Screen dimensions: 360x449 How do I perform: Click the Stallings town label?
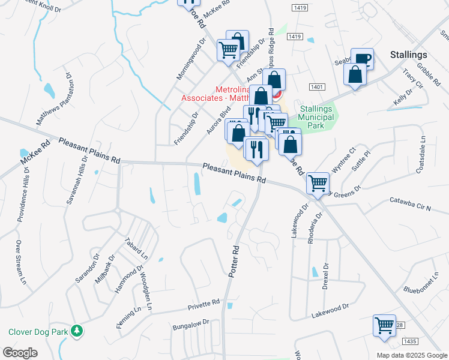click(408, 55)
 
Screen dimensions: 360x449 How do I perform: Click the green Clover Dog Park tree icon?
click(77, 331)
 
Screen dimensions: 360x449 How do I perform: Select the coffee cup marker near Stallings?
click(362, 59)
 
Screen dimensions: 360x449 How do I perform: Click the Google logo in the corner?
click(20, 353)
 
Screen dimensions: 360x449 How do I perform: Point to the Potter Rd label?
click(233, 261)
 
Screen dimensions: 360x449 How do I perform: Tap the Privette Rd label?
click(203, 304)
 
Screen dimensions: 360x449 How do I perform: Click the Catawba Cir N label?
click(411, 205)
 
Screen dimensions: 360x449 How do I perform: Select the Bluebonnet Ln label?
click(431, 287)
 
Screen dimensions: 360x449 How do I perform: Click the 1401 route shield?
click(318, 87)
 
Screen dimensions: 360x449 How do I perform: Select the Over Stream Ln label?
click(21, 263)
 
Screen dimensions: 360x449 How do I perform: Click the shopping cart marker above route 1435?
click(384, 326)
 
